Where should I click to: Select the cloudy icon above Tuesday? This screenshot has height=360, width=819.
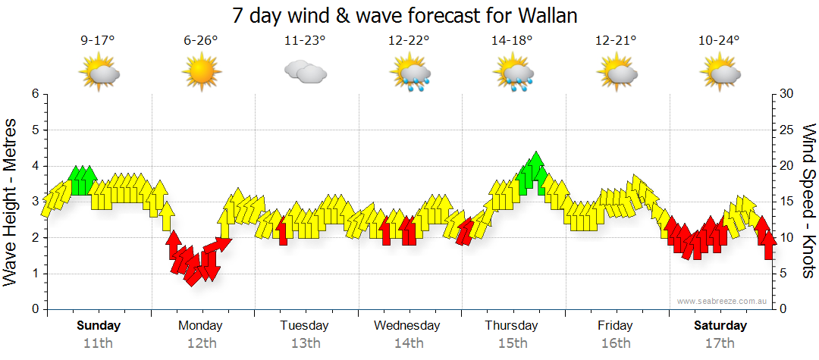[305, 72]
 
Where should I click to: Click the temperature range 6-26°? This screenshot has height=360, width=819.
[201, 41]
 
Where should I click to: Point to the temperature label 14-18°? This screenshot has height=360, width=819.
[512, 41]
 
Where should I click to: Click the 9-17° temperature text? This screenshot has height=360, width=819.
[98, 41]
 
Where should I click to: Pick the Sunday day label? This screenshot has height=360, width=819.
[99, 326]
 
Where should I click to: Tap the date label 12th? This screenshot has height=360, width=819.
[201, 343]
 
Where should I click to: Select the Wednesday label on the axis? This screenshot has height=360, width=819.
[407, 326]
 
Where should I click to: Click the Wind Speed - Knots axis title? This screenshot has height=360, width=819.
[808, 201]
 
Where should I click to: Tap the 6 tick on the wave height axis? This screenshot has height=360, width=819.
[34, 94]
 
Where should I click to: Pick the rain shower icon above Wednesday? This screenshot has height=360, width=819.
[410, 74]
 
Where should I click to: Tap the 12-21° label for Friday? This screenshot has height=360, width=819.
[615, 41]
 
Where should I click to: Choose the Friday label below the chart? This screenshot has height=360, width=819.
[615, 326]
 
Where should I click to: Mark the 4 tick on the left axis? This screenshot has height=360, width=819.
[34, 166]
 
